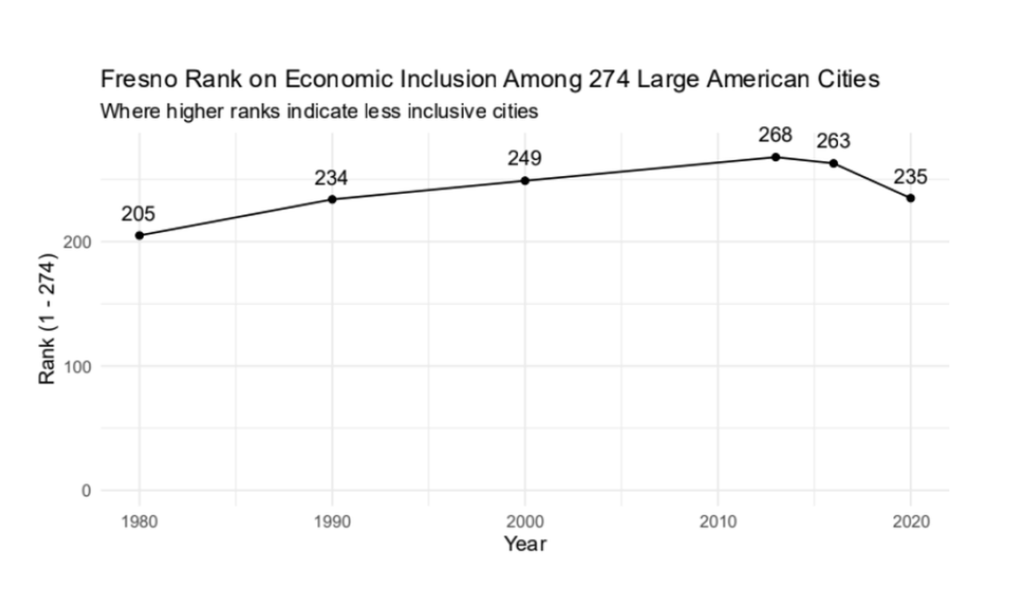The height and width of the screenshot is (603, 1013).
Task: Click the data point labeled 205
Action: [x=140, y=236]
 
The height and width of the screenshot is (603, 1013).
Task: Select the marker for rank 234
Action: [x=332, y=199]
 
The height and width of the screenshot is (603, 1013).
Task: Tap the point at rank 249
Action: [x=525, y=181]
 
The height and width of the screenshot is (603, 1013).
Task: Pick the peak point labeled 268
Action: [x=776, y=157]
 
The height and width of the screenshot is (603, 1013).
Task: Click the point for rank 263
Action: [x=834, y=164]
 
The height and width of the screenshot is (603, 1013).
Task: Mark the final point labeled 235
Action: [x=911, y=197]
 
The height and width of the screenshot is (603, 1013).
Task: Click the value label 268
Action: [x=775, y=135]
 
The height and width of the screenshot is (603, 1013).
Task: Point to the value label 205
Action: [x=138, y=213]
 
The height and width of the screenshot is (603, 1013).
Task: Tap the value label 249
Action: [x=524, y=158]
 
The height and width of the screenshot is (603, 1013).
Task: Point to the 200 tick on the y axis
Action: [x=78, y=242]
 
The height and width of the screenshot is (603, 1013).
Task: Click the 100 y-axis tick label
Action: [x=78, y=366]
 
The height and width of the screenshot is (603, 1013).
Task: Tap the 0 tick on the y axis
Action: [x=85, y=491]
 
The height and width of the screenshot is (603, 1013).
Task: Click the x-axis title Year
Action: [x=525, y=543]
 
